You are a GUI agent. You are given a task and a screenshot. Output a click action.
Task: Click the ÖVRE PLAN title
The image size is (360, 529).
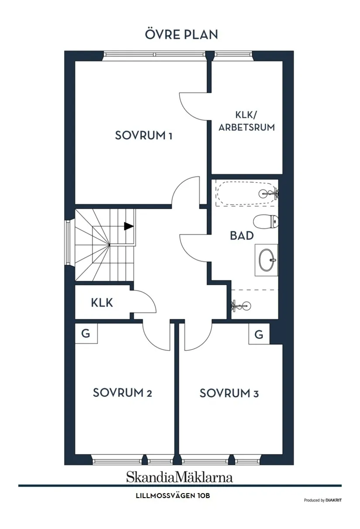(181, 34)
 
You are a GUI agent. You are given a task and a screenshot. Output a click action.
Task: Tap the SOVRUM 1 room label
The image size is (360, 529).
(144, 135)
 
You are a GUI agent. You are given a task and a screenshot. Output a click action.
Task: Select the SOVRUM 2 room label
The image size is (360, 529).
(122, 392)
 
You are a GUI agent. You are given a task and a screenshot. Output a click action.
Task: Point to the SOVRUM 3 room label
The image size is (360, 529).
(229, 393)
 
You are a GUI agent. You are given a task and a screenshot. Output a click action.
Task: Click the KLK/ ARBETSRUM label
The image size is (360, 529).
(247, 121)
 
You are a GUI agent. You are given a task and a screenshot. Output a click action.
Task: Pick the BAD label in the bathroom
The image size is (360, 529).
(242, 235)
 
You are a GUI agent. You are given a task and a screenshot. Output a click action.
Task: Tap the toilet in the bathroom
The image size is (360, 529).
(266, 221)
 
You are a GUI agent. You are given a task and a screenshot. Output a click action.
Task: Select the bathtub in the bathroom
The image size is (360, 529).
(247, 194)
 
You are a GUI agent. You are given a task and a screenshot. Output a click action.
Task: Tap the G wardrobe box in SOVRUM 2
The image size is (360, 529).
(86, 334)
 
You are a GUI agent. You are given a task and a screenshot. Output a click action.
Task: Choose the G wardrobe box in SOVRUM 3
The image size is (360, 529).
(259, 334)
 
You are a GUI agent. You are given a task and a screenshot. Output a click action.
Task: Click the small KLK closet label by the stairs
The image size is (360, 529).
(102, 303)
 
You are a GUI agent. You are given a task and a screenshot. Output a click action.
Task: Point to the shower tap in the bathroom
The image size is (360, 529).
(240, 306)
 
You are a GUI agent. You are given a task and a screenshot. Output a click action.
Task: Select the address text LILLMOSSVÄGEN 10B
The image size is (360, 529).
(173, 496)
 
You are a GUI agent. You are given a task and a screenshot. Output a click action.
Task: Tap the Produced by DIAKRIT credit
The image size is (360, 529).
(322, 500)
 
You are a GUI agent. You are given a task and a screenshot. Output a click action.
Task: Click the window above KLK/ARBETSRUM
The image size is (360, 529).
(233, 55)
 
